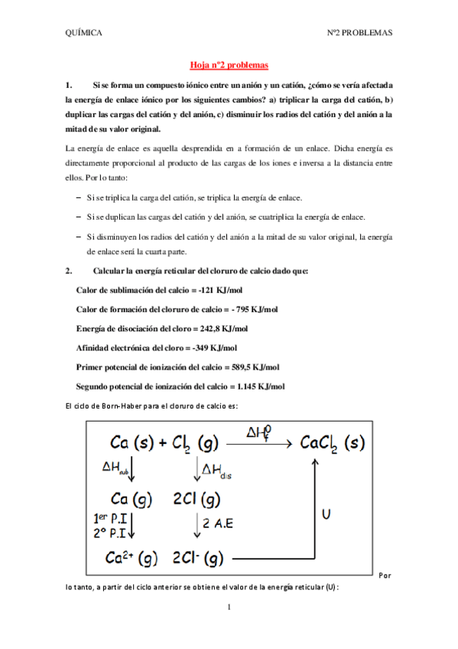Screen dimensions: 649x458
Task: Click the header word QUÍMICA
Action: tap(84, 34)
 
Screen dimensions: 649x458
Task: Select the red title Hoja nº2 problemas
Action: tap(229, 67)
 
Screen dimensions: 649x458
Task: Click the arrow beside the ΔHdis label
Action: tap(197, 468)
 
